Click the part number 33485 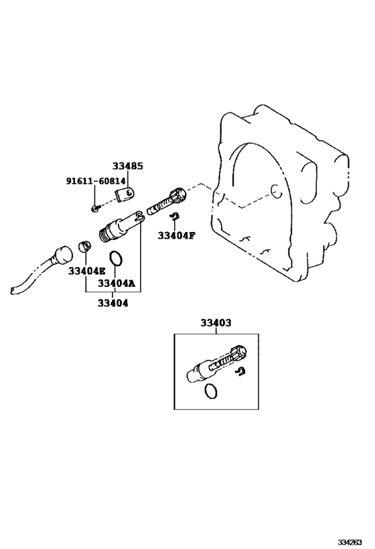click(x=128, y=166)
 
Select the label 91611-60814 click(x=96, y=181)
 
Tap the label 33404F click(x=176, y=235)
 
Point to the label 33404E click(x=87, y=271)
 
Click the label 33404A click(x=116, y=283)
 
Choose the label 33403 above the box click(x=216, y=322)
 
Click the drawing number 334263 click(x=350, y=542)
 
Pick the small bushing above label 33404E click(x=85, y=246)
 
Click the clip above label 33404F click(x=175, y=217)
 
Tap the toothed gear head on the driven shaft click(x=178, y=194)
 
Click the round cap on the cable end click(x=62, y=255)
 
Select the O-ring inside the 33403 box click(x=210, y=391)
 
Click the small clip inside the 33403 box click(x=240, y=372)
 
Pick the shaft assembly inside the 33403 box click(x=216, y=365)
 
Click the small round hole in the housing click(x=276, y=190)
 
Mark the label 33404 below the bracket click(x=112, y=303)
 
